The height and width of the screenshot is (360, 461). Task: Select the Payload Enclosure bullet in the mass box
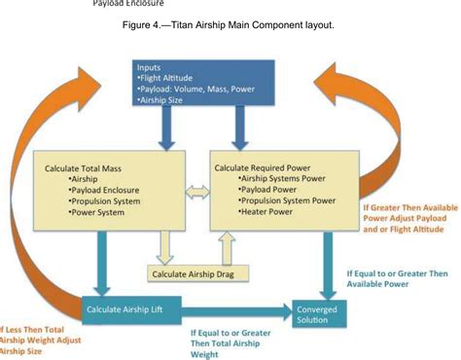click(x=110, y=190)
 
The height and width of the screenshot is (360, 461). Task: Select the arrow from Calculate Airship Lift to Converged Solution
click(x=239, y=309)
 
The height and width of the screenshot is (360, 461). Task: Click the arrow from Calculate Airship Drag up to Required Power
click(x=228, y=249)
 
